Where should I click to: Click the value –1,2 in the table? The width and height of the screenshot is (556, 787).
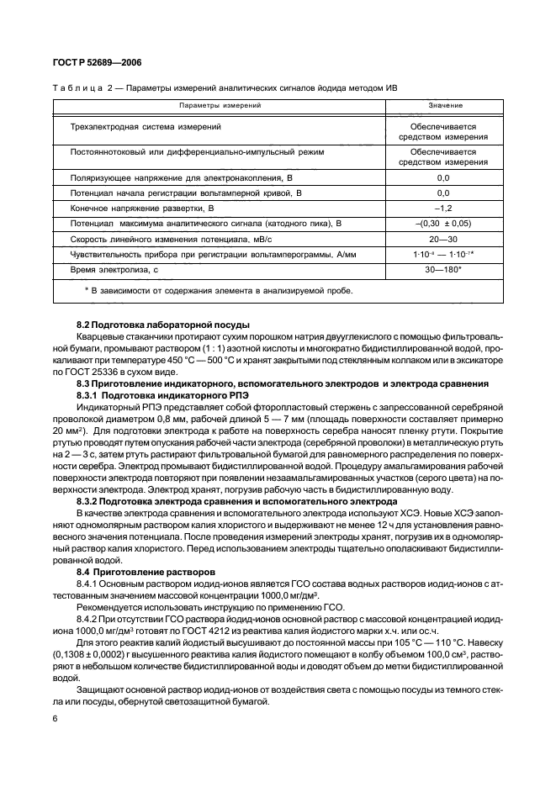tap(443, 208)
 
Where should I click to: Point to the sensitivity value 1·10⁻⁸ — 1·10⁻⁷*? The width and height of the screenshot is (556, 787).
tap(443, 253)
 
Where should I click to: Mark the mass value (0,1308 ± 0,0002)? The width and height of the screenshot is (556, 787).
tap(91, 652)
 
